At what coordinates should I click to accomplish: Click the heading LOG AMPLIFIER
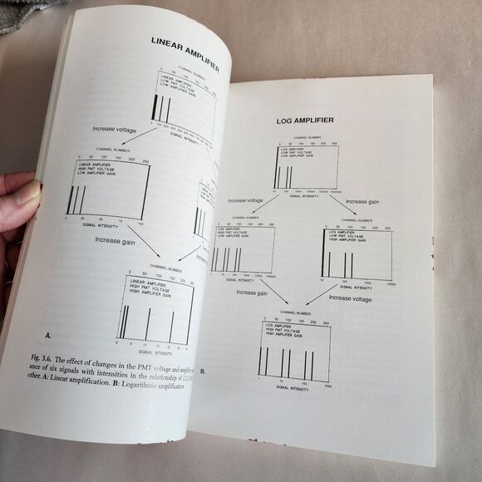click(304, 120)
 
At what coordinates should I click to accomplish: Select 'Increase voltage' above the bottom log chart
click(350, 297)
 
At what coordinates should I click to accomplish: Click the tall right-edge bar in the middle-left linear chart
click(146, 193)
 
